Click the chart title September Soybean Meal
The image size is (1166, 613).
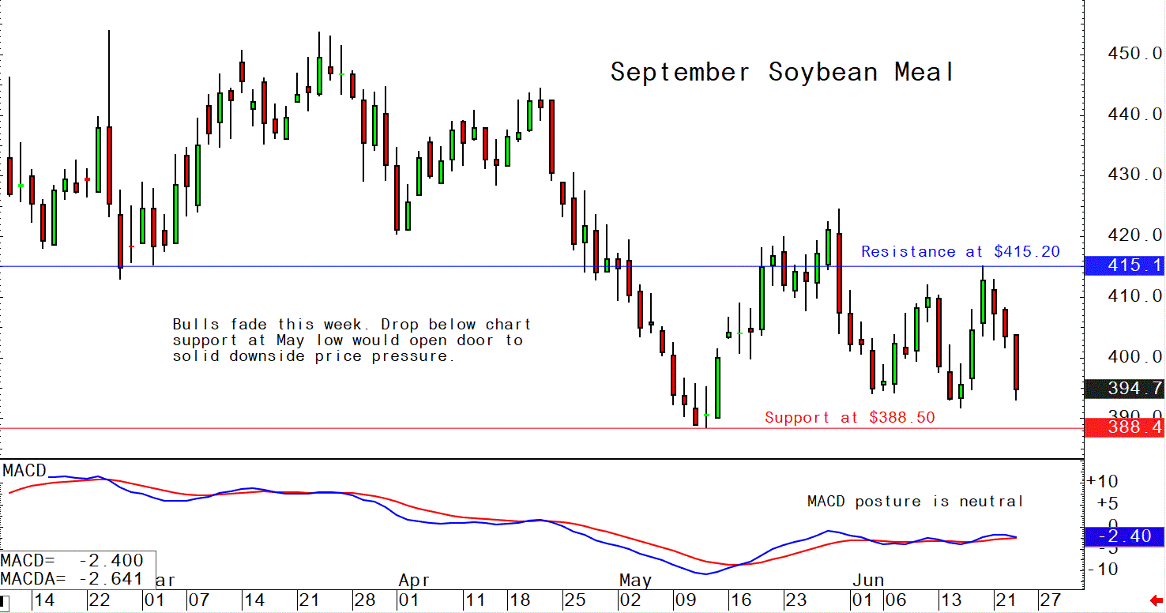pyautogui.click(x=782, y=73)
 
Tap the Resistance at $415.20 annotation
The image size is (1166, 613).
pyautogui.click(x=960, y=252)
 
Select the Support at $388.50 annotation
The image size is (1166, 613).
pyautogui.click(x=849, y=418)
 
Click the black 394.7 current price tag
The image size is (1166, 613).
pyautogui.click(x=1125, y=389)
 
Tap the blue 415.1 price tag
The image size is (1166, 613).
pyautogui.click(x=1125, y=266)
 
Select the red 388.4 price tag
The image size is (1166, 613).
pyautogui.click(x=1125, y=428)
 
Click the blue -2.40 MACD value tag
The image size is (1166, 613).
pyautogui.click(x=1125, y=536)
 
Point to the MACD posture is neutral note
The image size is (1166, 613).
pyautogui.click(x=915, y=502)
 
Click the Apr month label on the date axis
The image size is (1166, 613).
pyautogui.click(x=414, y=581)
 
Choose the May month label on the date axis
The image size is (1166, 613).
pyautogui.click(x=635, y=581)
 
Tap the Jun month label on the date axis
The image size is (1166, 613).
pyautogui.click(x=867, y=581)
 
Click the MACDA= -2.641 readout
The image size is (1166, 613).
pyautogui.click(x=72, y=579)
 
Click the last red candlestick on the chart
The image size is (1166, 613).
pyautogui.click(x=1017, y=362)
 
